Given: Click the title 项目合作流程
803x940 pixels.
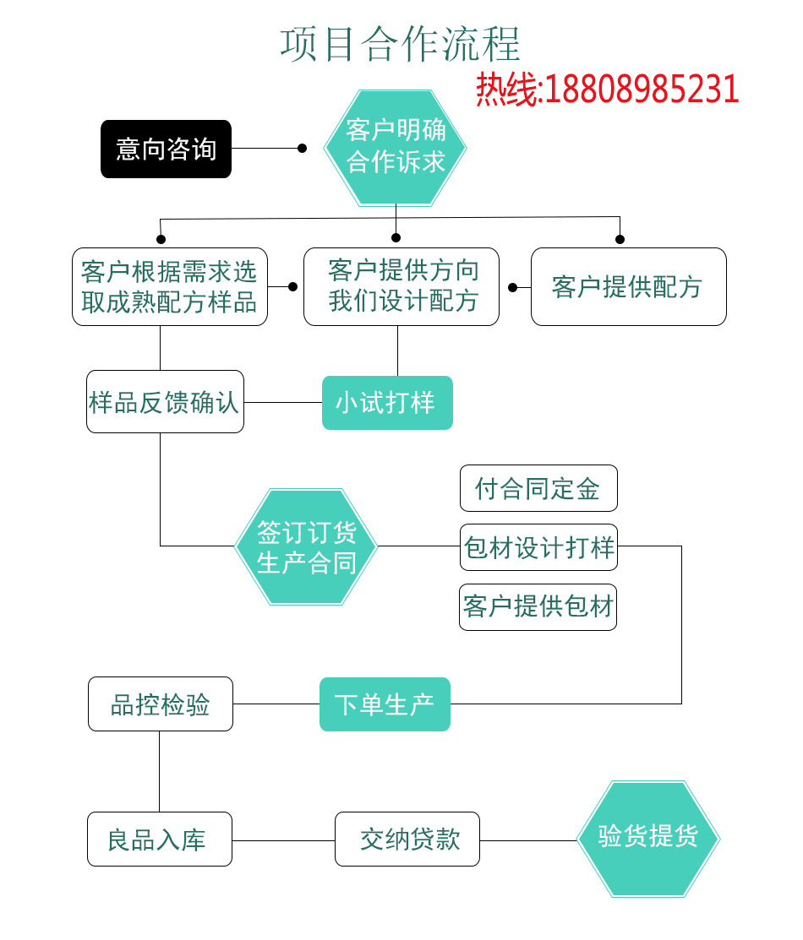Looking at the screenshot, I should pos(401,44).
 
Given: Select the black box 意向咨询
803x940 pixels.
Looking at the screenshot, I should pos(166,149).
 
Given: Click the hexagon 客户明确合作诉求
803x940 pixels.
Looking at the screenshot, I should pos(396,147).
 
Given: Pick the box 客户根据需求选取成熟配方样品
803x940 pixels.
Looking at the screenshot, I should pos(169,286).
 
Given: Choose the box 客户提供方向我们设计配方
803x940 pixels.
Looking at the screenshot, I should pos(401,286).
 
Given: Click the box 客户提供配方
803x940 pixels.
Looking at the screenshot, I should pos(628,287).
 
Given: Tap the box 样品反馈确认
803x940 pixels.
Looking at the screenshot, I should pos(165,402).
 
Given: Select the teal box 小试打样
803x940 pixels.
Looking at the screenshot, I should pos(387,403).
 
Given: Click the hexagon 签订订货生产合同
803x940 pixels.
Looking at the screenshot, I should pos(306,546).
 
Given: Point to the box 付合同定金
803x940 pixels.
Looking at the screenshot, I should pos(538,488).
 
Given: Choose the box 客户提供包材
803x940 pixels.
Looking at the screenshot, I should pos(538,606).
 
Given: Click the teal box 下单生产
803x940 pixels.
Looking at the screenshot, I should pos(385,704).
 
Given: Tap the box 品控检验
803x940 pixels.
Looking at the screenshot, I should pos(161,704).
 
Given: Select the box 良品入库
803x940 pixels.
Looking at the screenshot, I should pos(160,839).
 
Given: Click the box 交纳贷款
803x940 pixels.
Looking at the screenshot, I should pos(407,839).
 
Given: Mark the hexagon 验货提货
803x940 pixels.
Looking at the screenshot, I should pos(648,838).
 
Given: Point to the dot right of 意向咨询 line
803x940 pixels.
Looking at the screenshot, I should pos(302,149).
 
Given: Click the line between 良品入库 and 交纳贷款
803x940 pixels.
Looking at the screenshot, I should pos(283,839).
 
